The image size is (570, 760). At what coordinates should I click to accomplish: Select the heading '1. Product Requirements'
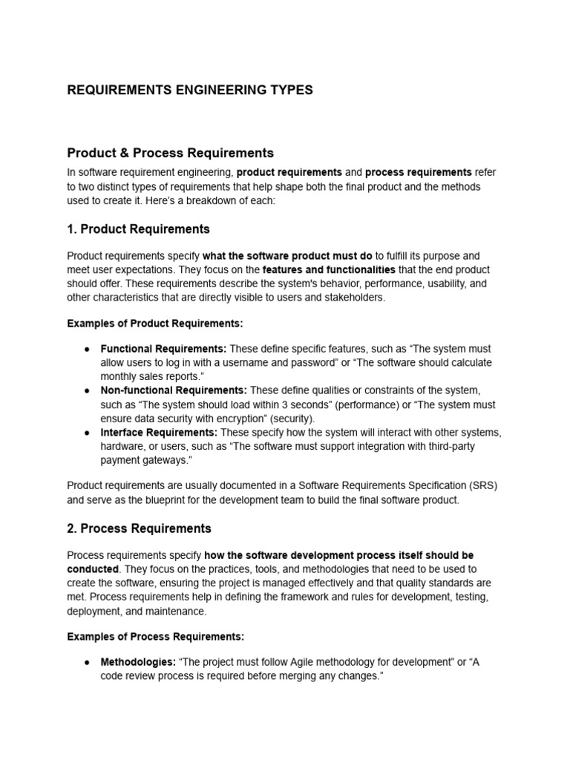coord(139,229)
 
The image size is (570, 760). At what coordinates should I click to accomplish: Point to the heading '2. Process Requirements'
coord(139,528)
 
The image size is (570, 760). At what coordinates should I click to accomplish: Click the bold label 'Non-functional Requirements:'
coord(174,390)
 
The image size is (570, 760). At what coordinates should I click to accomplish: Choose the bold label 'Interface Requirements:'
coord(159,432)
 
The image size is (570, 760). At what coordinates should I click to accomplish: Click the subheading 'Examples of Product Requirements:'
coord(155,324)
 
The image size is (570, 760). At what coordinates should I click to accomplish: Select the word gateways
coord(160,460)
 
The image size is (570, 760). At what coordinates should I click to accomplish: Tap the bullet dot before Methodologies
coord(87,661)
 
